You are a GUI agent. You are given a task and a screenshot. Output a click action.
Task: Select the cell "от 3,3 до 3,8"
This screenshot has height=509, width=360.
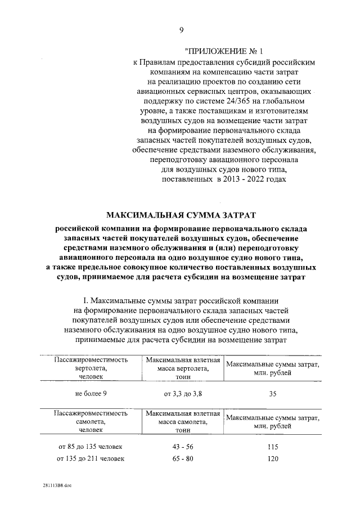pos(182,393)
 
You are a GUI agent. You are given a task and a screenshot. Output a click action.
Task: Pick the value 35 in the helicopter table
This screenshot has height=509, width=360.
pos(273,393)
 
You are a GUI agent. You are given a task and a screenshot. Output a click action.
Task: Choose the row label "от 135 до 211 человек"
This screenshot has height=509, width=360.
pos(91,458)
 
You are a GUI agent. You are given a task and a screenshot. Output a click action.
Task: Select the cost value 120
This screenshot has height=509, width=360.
pos(273,458)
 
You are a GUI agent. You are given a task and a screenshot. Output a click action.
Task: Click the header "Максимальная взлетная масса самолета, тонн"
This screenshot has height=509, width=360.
pos(182,421)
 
